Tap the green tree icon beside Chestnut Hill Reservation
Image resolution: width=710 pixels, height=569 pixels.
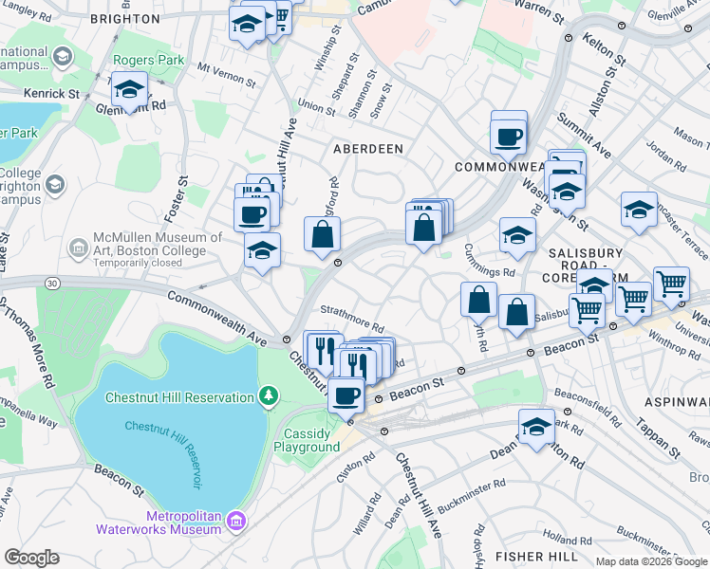[271, 395]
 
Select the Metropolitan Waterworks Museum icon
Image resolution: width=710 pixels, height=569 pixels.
[236, 520]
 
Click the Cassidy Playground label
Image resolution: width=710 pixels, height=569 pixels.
[307, 440]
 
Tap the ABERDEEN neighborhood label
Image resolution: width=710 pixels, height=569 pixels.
[367, 149]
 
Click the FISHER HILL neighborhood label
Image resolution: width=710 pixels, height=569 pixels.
[532, 556]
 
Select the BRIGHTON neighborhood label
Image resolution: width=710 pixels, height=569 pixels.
[124, 19]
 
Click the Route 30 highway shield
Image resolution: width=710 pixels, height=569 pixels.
[50, 283]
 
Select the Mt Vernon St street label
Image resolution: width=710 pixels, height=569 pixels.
[229, 70]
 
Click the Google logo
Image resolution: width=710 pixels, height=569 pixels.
[31, 558]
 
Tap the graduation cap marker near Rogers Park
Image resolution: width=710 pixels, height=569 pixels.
[129, 90]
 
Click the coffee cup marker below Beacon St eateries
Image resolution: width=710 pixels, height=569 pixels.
[346, 395]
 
